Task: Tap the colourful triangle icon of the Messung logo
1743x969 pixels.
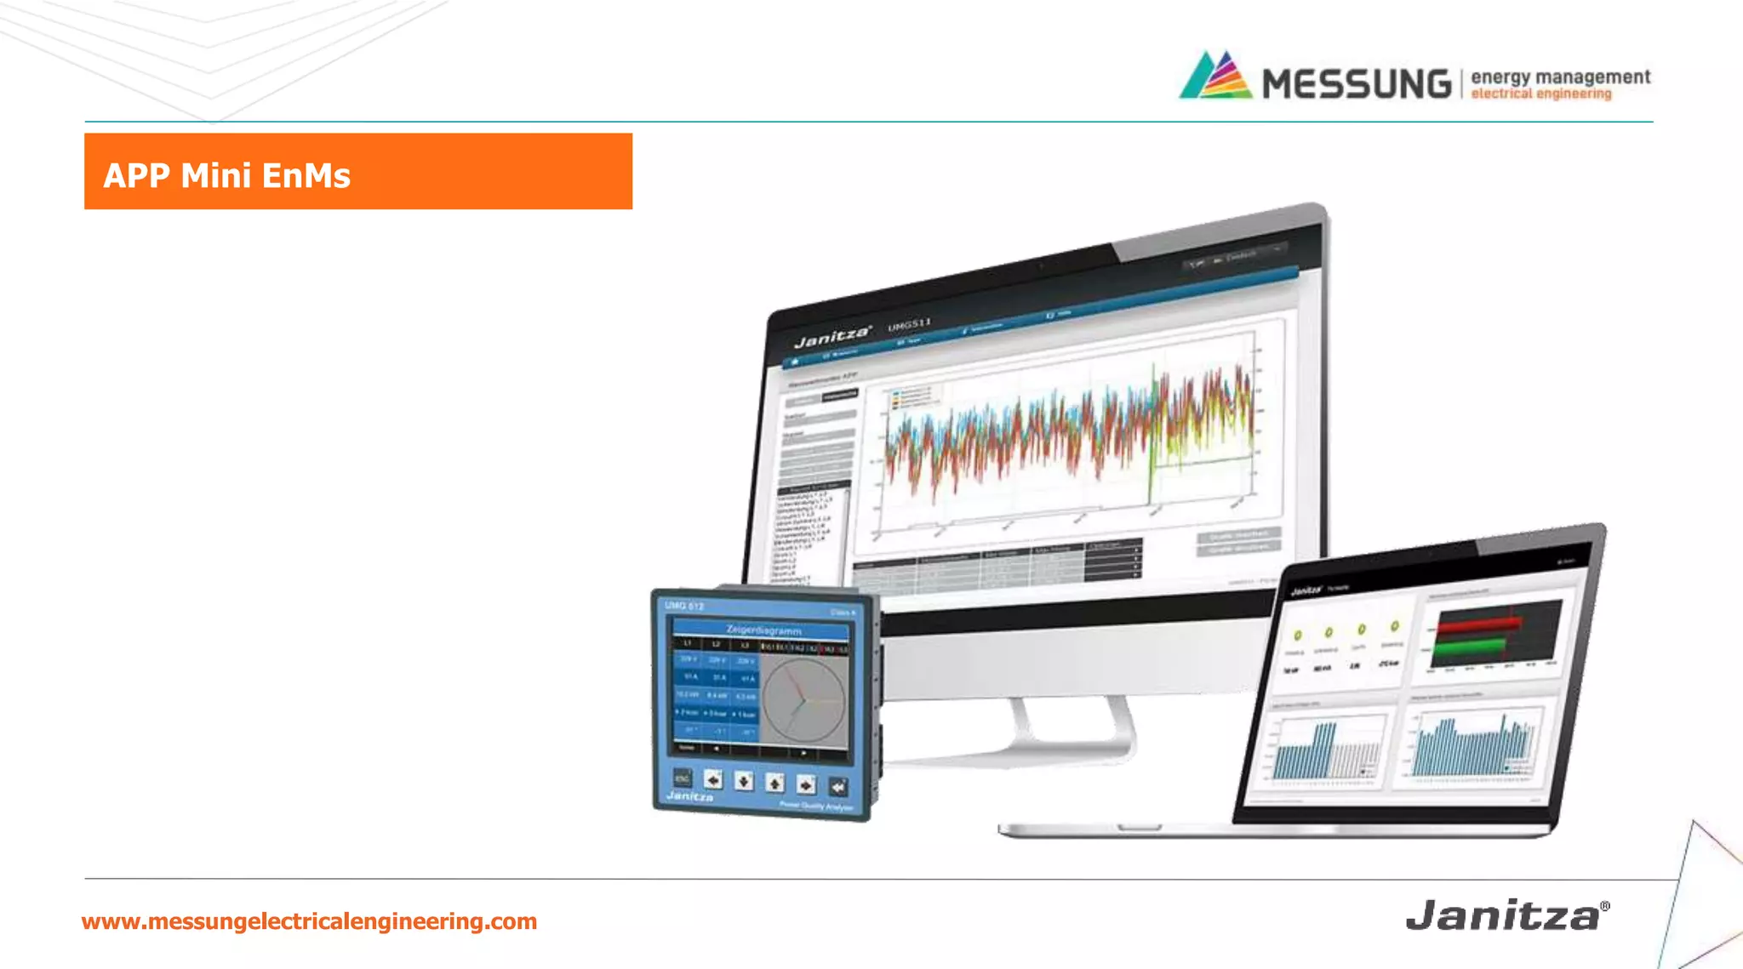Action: pyautogui.click(x=1215, y=76)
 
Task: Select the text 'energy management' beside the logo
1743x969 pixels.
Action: pyautogui.click(x=1560, y=77)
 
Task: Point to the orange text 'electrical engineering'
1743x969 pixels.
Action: pyautogui.click(x=1540, y=94)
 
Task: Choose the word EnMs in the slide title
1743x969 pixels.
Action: pyautogui.click(x=306, y=175)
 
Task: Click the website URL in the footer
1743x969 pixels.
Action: pyautogui.click(x=309, y=921)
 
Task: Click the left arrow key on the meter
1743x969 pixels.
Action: pyautogui.click(x=713, y=779)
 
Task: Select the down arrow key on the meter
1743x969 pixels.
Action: pyautogui.click(x=744, y=781)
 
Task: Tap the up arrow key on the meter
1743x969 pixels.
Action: pyautogui.click(x=774, y=783)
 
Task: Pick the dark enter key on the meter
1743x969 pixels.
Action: pyautogui.click(x=837, y=787)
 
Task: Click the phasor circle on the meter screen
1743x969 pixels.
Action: pyautogui.click(x=803, y=700)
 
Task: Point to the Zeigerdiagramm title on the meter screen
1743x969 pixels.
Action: pyautogui.click(x=763, y=630)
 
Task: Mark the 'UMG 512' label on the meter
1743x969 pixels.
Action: pyautogui.click(x=684, y=606)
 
